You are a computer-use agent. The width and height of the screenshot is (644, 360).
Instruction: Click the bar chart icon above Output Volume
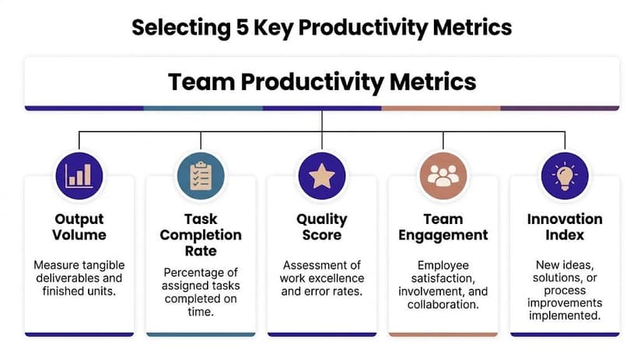coord(79,176)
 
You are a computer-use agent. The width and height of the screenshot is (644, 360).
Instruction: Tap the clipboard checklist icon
coord(201,176)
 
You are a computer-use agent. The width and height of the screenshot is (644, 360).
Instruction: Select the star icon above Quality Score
coord(322,176)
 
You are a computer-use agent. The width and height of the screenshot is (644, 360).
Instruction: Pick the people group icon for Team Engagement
coord(443,176)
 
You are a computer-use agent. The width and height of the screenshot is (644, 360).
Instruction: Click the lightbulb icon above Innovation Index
coord(565,176)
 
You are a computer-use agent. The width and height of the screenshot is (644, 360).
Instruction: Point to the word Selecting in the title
coord(177,28)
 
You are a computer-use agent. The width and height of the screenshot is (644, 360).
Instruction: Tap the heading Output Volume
coord(79,227)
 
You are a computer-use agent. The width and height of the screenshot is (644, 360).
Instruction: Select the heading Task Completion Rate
coord(201,235)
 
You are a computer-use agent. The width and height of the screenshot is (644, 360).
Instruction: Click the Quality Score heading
coord(322,227)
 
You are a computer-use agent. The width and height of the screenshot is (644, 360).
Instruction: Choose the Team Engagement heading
coord(443,227)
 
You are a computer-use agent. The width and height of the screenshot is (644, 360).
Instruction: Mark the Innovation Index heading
coord(565,227)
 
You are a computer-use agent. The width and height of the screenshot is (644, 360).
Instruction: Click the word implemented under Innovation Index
coord(565,316)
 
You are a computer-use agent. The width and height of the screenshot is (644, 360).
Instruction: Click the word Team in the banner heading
coord(198,82)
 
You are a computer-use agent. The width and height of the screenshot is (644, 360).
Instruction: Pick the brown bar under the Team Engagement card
coord(443,334)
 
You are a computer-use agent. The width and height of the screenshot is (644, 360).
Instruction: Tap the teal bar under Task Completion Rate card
coord(201,334)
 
